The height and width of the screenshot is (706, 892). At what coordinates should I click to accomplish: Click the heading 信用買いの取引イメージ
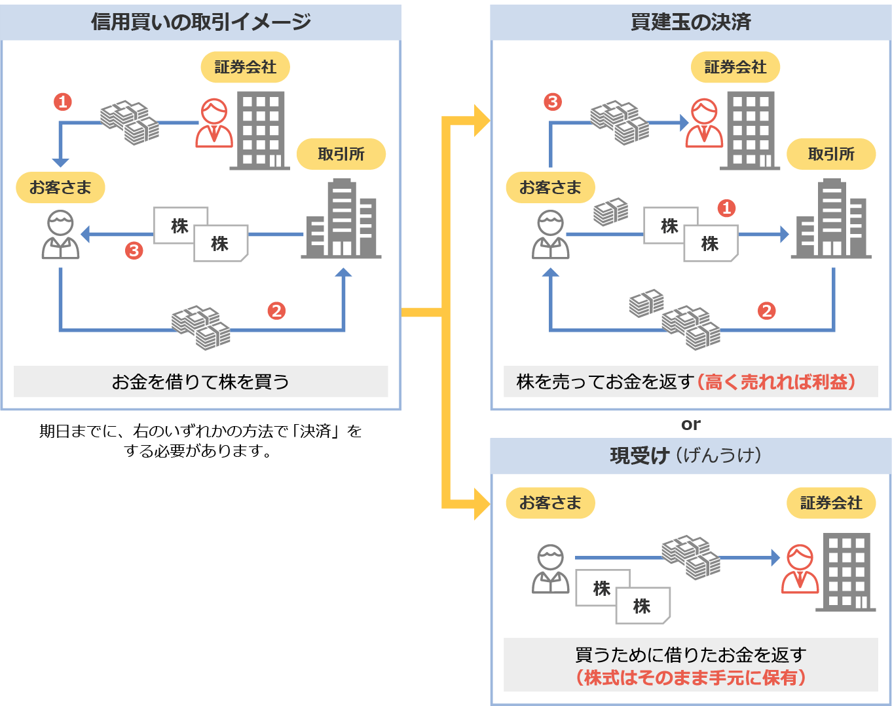(200, 22)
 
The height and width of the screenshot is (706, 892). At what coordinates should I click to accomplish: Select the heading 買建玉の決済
(690, 22)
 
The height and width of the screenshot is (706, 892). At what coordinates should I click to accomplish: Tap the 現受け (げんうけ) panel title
(686, 456)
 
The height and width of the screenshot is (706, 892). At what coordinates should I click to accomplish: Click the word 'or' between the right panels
(691, 424)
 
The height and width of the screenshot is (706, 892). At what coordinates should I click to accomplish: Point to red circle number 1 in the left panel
(63, 102)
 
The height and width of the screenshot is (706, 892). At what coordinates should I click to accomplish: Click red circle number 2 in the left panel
(276, 311)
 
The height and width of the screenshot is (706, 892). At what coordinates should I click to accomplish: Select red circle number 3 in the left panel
(134, 250)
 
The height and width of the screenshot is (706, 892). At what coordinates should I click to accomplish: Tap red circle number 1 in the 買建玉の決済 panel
(726, 208)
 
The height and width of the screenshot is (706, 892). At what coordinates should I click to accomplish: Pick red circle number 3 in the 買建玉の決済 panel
(553, 102)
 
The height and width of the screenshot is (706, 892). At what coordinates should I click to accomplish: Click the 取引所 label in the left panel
(341, 154)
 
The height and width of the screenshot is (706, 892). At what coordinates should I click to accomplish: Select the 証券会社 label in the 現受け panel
(831, 503)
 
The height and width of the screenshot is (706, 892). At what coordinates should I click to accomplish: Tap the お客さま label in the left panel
(60, 187)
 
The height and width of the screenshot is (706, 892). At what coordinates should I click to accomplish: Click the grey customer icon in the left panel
(60, 235)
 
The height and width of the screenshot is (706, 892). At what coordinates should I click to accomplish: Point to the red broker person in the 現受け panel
(800, 568)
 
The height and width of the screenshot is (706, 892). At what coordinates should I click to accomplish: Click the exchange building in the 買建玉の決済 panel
(831, 219)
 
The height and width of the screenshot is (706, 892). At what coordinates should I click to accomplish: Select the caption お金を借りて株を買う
(200, 382)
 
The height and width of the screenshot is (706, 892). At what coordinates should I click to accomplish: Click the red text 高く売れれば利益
(776, 382)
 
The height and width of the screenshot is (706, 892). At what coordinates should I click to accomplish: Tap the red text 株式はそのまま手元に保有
(691, 677)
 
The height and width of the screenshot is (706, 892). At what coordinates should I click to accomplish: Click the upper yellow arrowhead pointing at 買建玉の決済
(482, 121)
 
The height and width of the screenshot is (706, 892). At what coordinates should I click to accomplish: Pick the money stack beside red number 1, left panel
(130, 123)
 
